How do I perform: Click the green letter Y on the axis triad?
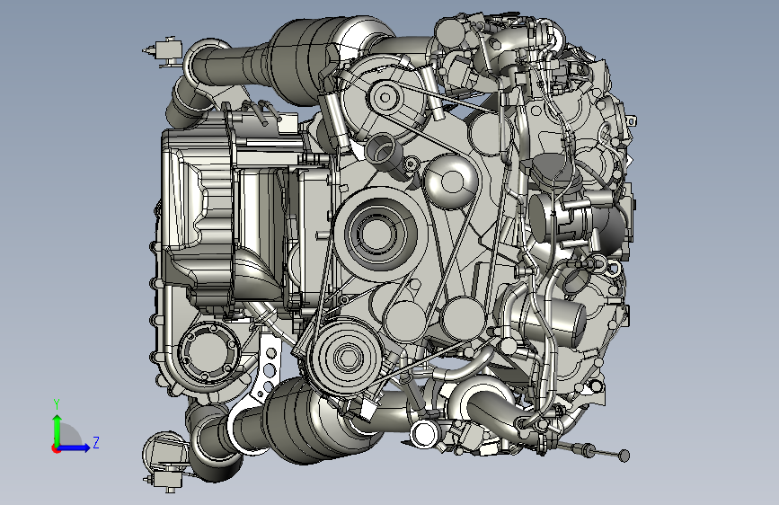point(57,403)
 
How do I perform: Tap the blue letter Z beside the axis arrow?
point(96,442)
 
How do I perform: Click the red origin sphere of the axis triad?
point(56,448)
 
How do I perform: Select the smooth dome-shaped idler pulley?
point(450,181)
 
